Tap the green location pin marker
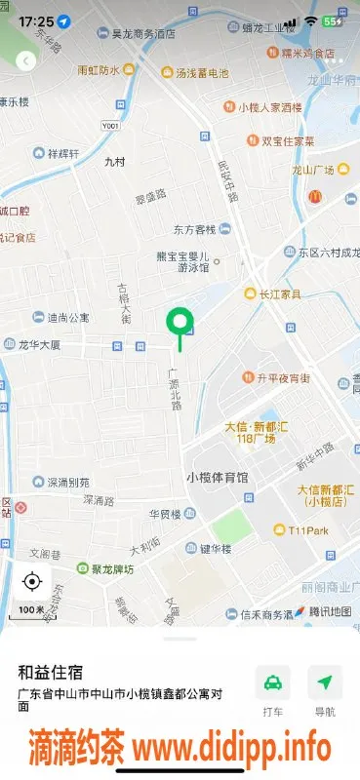click(x=180, y=321)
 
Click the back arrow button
click(x=25, y=60)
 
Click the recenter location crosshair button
click(x=31, y=582)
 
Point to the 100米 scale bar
click(x=31, y=609)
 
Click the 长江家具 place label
click(x=278, y=293)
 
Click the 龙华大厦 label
click(x=39, y=345)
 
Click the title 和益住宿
click(x=50, y=673)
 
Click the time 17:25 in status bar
click(x=35, y=20)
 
